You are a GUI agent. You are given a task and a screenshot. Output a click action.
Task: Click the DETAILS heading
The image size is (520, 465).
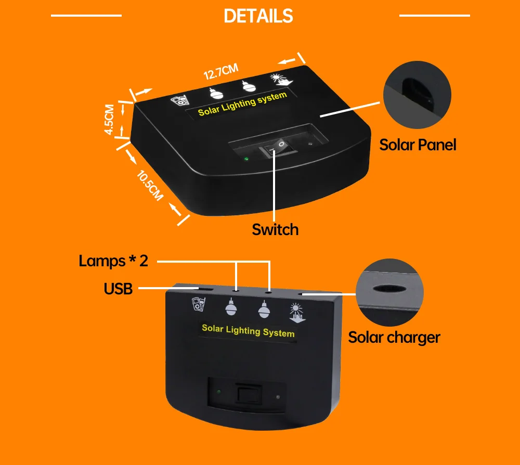point(258,16)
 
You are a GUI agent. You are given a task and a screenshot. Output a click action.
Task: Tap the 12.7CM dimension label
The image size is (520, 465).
point(221,72)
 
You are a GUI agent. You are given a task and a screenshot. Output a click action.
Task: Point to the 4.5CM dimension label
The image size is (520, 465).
point(109,120)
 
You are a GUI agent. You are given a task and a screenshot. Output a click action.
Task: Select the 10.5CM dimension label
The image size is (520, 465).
point(150,185)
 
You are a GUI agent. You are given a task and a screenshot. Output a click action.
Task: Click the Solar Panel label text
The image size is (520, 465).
point(418,145)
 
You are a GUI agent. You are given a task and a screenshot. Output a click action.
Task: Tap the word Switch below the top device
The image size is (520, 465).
point(275,229)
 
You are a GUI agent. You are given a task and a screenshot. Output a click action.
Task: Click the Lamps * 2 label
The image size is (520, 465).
point(113,261)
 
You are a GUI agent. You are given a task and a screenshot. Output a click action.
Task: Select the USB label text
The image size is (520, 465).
point(118,289)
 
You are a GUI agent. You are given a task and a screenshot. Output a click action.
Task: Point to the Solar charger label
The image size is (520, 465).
point(394,338)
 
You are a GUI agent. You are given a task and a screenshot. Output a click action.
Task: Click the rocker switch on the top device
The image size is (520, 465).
point(277,148)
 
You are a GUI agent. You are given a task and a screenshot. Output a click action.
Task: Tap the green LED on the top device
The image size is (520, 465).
point(246,159)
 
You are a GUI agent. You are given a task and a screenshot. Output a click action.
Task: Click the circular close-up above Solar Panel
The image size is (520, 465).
point(417,95)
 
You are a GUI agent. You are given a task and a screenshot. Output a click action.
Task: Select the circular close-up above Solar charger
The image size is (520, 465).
point(389,292)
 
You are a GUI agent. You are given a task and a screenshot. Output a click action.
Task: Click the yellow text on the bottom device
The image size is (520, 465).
point(248,331)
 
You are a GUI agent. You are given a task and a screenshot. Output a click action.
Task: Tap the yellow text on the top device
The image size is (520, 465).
point(242,104)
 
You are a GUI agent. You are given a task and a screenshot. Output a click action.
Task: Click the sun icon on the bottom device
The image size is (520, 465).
point(296,313)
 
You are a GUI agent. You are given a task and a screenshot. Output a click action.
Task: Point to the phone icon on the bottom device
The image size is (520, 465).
point(199,304)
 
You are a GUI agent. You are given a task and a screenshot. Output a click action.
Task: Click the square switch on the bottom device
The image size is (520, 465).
point(249,394)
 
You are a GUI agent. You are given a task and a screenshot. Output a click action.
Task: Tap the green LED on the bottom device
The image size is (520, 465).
point(219,392)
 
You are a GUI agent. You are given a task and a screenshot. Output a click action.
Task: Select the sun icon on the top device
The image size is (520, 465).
point(281,80)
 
